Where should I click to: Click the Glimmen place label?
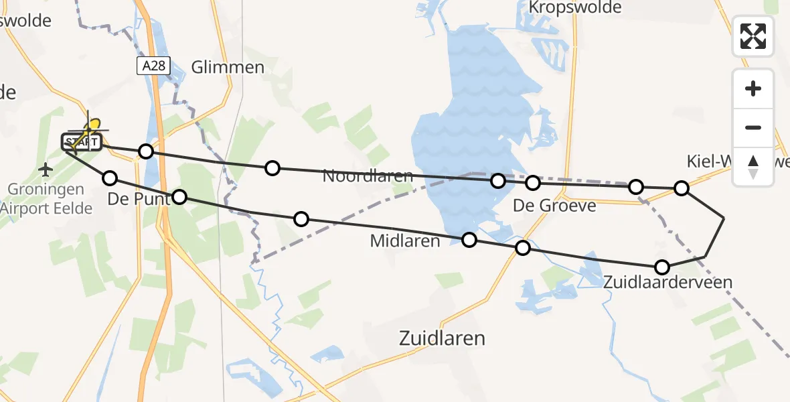coord(228,67)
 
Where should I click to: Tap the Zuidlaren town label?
coord(442,338)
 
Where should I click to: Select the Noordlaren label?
coord(366,176)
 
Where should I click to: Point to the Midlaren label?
coord(405,241)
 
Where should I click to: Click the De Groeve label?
coord(554,205)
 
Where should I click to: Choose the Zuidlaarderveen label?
coord(667,282)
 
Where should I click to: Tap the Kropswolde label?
coord(575,7)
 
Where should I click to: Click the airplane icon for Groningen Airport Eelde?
coord(46,170)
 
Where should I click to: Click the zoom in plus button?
coord(753,88)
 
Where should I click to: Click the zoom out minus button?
coord(753,127)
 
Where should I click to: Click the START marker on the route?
coord(81,142)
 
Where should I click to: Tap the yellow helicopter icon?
coord(92,127)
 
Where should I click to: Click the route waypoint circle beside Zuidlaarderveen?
coord(661,267)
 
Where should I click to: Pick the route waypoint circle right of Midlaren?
coord(469,240)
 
